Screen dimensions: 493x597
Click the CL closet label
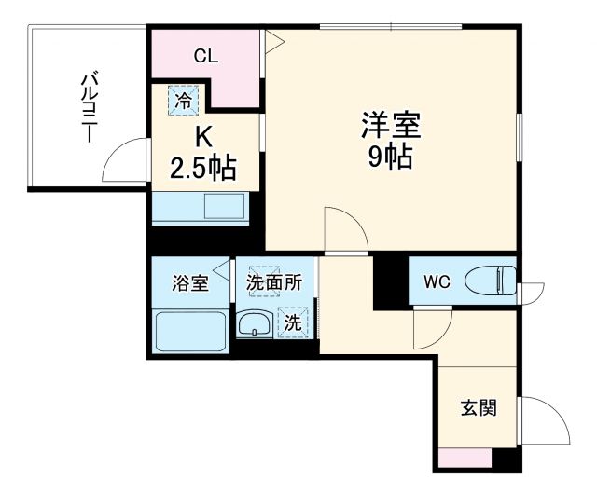[x=206, y=56]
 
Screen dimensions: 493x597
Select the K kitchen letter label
[x=202, y=137]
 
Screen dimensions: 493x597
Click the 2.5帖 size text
[x=202, y=169]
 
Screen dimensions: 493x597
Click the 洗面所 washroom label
[x=274, y=283]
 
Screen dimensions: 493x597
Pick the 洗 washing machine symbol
[x=293, y=323]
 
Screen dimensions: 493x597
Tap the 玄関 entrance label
[x=477, y=408]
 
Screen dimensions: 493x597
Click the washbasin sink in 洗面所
[x=252, y=324]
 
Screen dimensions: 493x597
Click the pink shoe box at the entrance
[x=465, y=457]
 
